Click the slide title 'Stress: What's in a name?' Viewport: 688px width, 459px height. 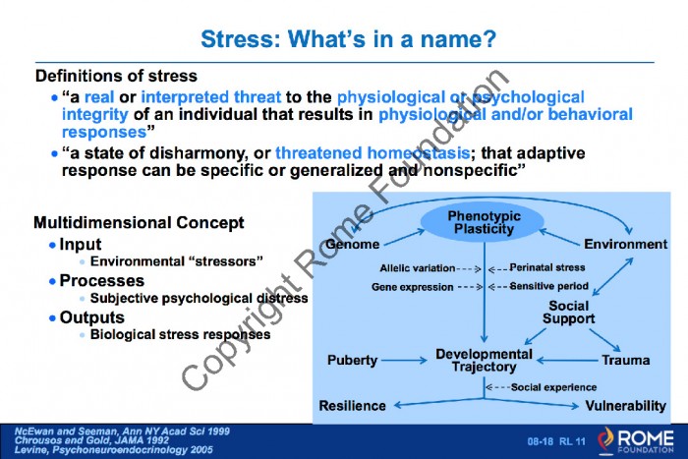tap(348, 39)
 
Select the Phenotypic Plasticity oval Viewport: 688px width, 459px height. tap(483, 222)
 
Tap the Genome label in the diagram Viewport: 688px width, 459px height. tap(353, 244)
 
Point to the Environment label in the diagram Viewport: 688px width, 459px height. tap(625, 244)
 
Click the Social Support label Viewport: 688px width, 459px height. tap(569, 312)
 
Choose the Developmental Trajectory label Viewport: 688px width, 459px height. tap(484, 361)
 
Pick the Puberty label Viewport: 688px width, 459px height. tap(352, 361)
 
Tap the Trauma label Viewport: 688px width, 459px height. tap(626, 361)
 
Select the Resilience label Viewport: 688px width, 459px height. tap(352, 406)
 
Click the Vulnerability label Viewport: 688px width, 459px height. tap(626, 406)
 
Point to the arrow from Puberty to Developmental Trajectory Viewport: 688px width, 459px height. tap(404, 361)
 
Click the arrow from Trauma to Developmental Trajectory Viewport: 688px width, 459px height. tap(567, 361)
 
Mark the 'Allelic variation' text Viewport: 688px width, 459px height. tap(418, 268)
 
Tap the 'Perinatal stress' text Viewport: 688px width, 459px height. tap(547, 267)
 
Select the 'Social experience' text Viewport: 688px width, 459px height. tap(553, 387)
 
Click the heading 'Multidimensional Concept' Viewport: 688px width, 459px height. tap(139, 222)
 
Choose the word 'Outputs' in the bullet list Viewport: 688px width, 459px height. tap(91, 317)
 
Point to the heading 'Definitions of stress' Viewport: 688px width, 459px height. tap(116, 76)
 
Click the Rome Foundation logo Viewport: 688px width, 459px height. tap(635, 440)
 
